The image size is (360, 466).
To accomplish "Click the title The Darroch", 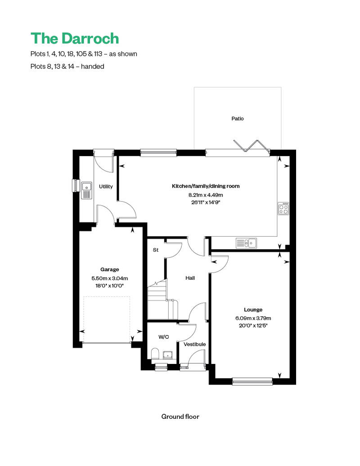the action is click(75, 39).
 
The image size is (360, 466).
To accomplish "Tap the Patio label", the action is click(238, 119).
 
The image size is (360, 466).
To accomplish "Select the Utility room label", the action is click(106, 187).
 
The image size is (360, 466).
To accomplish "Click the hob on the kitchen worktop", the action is click(283, 208).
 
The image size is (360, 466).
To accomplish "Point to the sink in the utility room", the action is click(86, 191).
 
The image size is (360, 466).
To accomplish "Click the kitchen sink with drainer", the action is click(246, 243).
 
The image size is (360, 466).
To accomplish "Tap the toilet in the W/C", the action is click(155, 354).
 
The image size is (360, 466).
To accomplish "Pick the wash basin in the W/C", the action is click(167, 355).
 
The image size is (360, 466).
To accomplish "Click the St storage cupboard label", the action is click(156, 250).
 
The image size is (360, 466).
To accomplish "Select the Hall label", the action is click(190, 278).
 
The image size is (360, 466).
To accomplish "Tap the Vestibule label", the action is click(195, 344).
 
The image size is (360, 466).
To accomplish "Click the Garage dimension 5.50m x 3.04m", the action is click(110, 278).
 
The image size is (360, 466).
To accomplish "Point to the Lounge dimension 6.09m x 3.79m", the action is click(253, 318).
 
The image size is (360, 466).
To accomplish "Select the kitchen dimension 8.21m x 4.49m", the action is click(206, 195).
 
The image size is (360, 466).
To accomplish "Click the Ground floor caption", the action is click(180, 417).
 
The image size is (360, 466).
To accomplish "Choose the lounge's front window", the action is click(252, 381).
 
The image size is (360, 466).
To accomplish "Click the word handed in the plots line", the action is click(92, 66).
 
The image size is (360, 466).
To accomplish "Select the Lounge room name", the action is click(253, 309).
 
